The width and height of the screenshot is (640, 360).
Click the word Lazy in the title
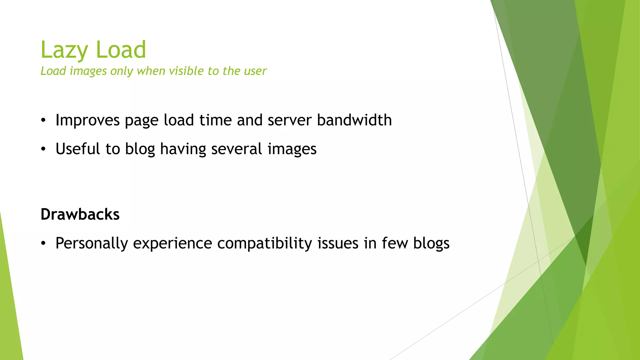(64, 50)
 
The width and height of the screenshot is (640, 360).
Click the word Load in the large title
(121, 50)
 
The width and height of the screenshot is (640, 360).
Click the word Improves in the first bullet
(87, 120)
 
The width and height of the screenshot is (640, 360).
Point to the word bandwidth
(354, 120)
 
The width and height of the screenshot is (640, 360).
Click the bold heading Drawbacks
(80, 214)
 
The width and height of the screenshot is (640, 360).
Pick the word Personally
(92, 243)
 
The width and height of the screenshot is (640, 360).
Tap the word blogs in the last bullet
(431, 243)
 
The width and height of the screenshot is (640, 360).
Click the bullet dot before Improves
(43, 120)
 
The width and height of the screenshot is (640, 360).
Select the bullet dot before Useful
(43, 149)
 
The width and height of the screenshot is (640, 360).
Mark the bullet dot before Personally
(43, 243)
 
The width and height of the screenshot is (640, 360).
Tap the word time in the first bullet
(215, 120)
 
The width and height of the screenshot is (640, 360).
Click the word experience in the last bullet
(172, 243)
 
